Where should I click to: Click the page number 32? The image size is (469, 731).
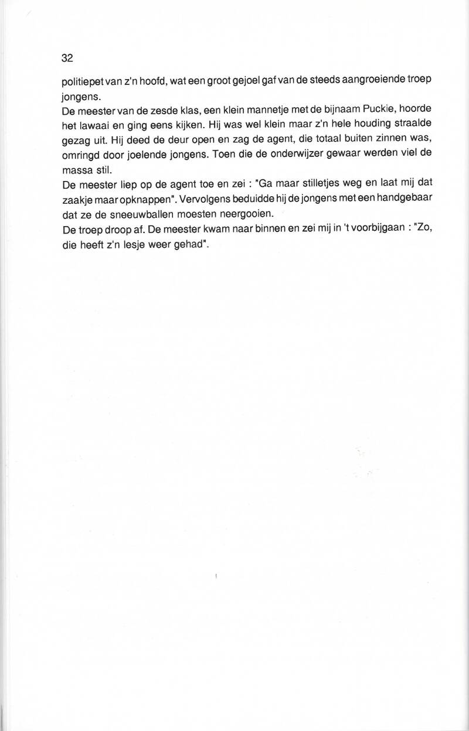[66, 58]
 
